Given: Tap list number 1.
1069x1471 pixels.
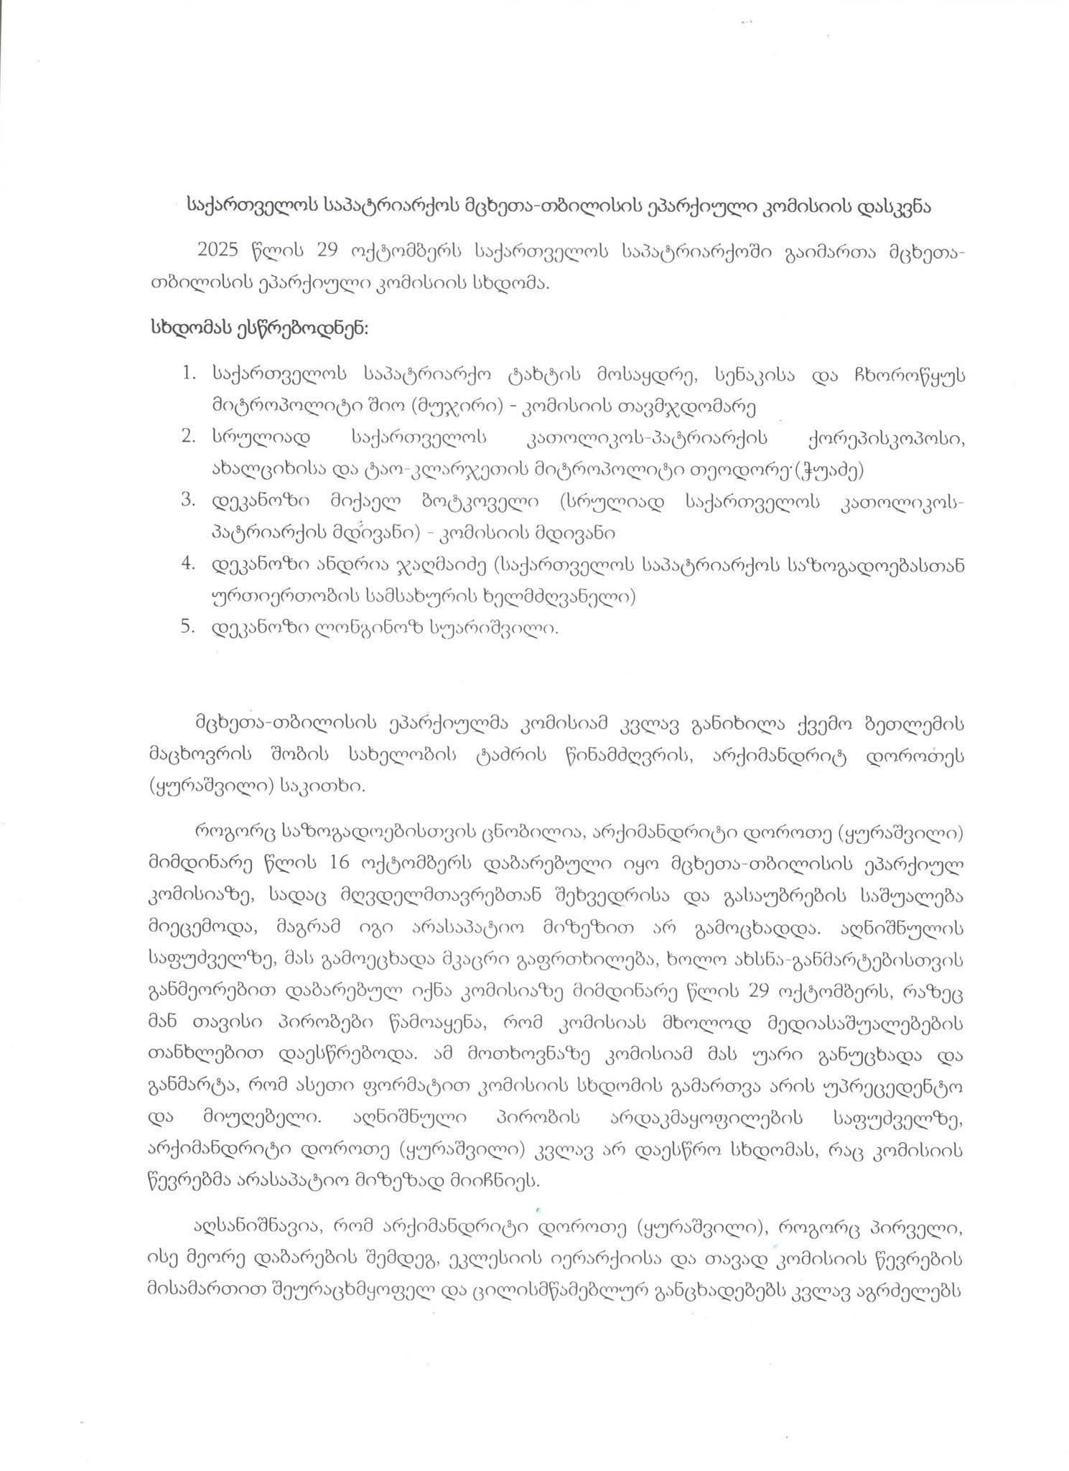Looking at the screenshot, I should pyautogui.click(x=190, y=374).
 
